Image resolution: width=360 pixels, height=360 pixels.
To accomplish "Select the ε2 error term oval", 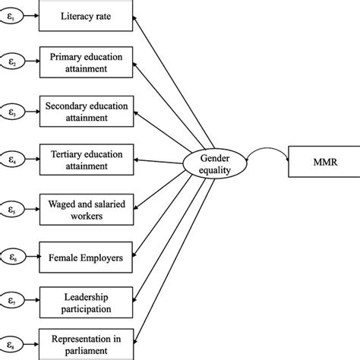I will [x=12, y=62].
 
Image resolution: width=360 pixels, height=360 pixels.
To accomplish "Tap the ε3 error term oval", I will [x=12, y=111].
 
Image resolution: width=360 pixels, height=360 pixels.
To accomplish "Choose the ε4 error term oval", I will [x=12, y=159].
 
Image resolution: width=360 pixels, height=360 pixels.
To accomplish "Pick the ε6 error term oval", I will [x=12, y=257].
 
